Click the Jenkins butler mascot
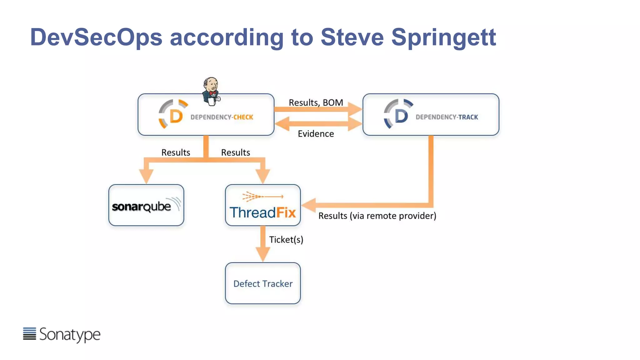[x=211, y=91]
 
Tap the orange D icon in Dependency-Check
[x=174, y=115]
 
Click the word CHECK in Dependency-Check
[x=243, y=117]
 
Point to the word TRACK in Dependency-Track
[x=468, y=117]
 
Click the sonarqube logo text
[x=142, y=207]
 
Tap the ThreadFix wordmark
[x=262, y=212]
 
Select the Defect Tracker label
[x=263, y=284]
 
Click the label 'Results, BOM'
[x=316, y=102]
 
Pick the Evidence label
[x=316, y=134]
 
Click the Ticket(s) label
[x=286, y=240]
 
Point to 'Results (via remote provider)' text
[x=377, y=216]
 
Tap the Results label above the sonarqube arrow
[x=176, y=152]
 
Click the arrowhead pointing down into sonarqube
[x=146, y=176]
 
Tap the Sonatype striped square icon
[x=29, y=333]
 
